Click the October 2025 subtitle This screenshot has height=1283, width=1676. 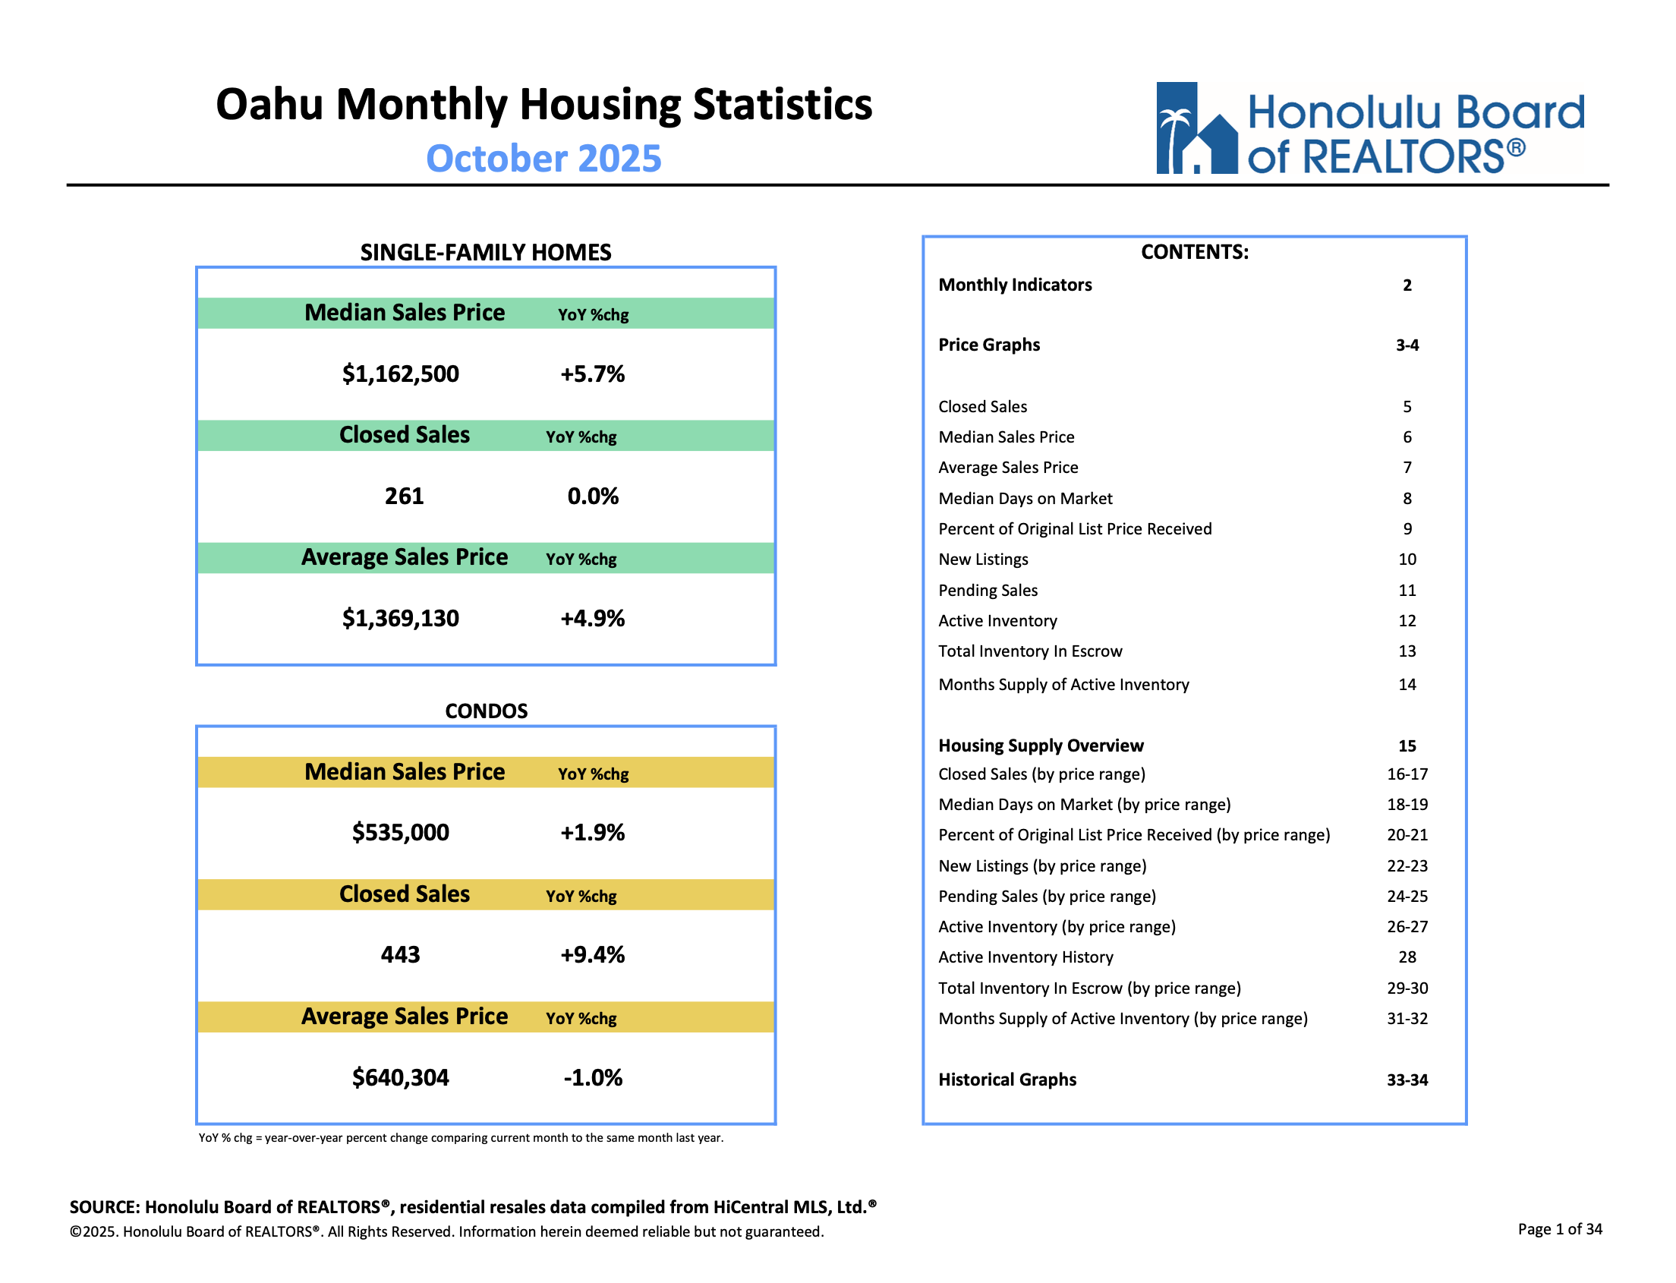543,159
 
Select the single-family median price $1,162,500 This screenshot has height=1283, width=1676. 400,374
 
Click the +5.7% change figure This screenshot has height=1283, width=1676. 593,374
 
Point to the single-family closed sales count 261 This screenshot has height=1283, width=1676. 404,496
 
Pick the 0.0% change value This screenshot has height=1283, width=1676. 593,496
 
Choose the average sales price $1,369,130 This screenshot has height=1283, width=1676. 400,619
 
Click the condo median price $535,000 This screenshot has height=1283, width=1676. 400,832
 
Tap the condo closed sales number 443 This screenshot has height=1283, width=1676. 400,954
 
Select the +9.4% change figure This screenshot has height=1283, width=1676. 593,954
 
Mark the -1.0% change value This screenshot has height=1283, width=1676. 593,1077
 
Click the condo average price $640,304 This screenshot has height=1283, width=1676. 400,1077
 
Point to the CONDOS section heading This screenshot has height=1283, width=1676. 487,711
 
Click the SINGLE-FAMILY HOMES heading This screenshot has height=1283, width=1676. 486,253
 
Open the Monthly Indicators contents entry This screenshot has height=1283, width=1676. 1015,285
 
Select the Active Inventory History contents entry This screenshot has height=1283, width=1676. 1025,957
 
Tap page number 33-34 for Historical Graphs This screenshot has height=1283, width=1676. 1407,1080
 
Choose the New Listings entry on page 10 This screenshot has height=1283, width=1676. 983,559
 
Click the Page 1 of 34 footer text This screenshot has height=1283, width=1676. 1559,1229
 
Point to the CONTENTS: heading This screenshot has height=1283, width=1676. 1194,252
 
